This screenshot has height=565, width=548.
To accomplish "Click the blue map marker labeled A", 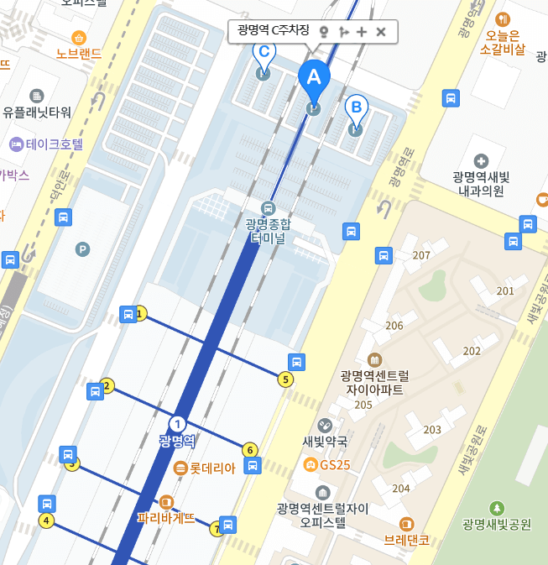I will point(314,78).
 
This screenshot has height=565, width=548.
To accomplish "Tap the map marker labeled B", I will point(356,107).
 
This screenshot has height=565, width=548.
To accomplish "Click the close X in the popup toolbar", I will point(381,32).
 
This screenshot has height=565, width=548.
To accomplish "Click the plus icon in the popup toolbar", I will point(362,32).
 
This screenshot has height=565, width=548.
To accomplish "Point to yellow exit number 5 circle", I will point(286,379).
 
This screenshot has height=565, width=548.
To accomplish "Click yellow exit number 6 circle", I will point(249,450).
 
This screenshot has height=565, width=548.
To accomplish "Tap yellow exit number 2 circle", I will point(107,386).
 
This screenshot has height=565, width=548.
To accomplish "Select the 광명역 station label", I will point(176,440).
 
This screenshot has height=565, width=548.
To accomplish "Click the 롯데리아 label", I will point(211,468).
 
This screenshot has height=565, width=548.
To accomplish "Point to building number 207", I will point(421,255).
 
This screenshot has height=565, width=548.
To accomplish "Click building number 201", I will point(505,290).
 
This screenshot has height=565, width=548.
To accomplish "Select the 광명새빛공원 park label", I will point(497,524).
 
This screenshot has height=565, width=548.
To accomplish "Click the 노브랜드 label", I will point(79,54).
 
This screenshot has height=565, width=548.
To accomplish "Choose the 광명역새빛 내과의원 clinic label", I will point(481,184).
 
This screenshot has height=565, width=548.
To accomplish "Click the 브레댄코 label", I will point(407,540).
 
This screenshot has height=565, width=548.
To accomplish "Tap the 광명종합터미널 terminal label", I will point(269,230).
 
